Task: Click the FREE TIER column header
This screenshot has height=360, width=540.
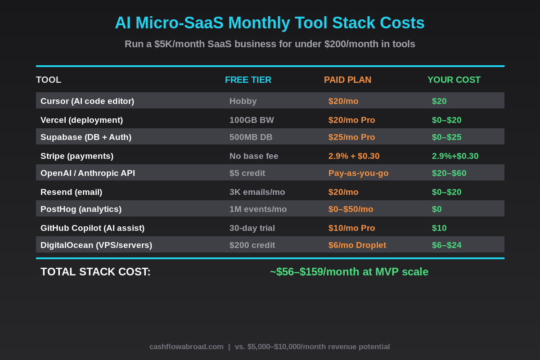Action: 248,80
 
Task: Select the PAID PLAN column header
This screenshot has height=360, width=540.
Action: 347,80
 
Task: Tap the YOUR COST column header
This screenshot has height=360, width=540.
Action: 454,80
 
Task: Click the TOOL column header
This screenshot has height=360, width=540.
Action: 49,80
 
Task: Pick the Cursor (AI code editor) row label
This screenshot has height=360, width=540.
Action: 87,101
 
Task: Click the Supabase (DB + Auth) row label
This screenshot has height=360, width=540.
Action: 86,137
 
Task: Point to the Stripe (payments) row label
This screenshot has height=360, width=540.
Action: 77,156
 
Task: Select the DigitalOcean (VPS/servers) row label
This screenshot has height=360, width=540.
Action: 96,245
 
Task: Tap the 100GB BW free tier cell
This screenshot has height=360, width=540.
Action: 252,120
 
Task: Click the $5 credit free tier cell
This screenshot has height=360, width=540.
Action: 247,173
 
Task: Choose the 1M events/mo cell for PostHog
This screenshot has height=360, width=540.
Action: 258,209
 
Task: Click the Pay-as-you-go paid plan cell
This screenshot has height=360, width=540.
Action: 358,173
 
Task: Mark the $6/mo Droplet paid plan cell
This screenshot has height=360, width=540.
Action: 357,245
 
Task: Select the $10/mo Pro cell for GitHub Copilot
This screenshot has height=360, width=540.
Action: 351,228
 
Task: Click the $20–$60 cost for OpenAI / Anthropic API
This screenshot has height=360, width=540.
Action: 449,173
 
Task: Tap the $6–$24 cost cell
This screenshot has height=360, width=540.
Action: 446,245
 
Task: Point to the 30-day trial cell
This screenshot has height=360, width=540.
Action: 252,228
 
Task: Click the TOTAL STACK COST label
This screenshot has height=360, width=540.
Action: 95,272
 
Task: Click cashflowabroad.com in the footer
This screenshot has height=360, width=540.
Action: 186,347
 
